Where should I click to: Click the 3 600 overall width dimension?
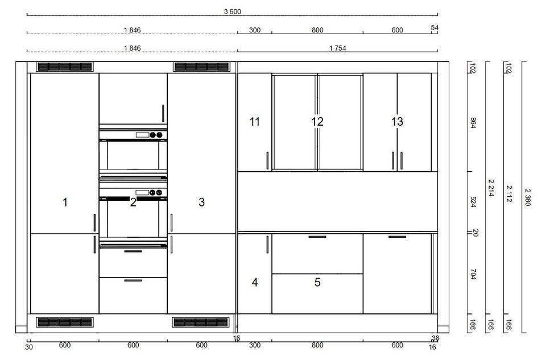tap(232, 11)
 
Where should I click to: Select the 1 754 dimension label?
tap(337, 48)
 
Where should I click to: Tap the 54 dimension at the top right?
tap(434, 27)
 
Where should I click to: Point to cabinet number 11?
tap(255, 122)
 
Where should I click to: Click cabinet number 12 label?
tap(317, 122)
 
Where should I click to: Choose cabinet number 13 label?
tap(397, 122)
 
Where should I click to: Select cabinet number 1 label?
tap(65, 202)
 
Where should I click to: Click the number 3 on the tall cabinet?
tap(201, 202)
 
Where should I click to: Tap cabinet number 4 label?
tap(255, 282)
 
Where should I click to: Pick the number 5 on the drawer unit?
tap(317, 282)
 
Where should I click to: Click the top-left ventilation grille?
tap(64, 67)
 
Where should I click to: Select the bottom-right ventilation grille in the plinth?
tap(201, 322)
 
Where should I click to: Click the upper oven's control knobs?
tap(156, 135)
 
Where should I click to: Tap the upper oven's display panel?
tap(142, 135)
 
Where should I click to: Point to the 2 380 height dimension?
tap(528, 197)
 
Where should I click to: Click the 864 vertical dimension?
tap(473, 122)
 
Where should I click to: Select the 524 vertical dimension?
tap(473, 202)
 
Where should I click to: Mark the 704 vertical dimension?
tap(473, 274)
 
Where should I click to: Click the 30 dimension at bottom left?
tap(29, 347)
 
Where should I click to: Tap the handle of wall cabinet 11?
tap(267, 160)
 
